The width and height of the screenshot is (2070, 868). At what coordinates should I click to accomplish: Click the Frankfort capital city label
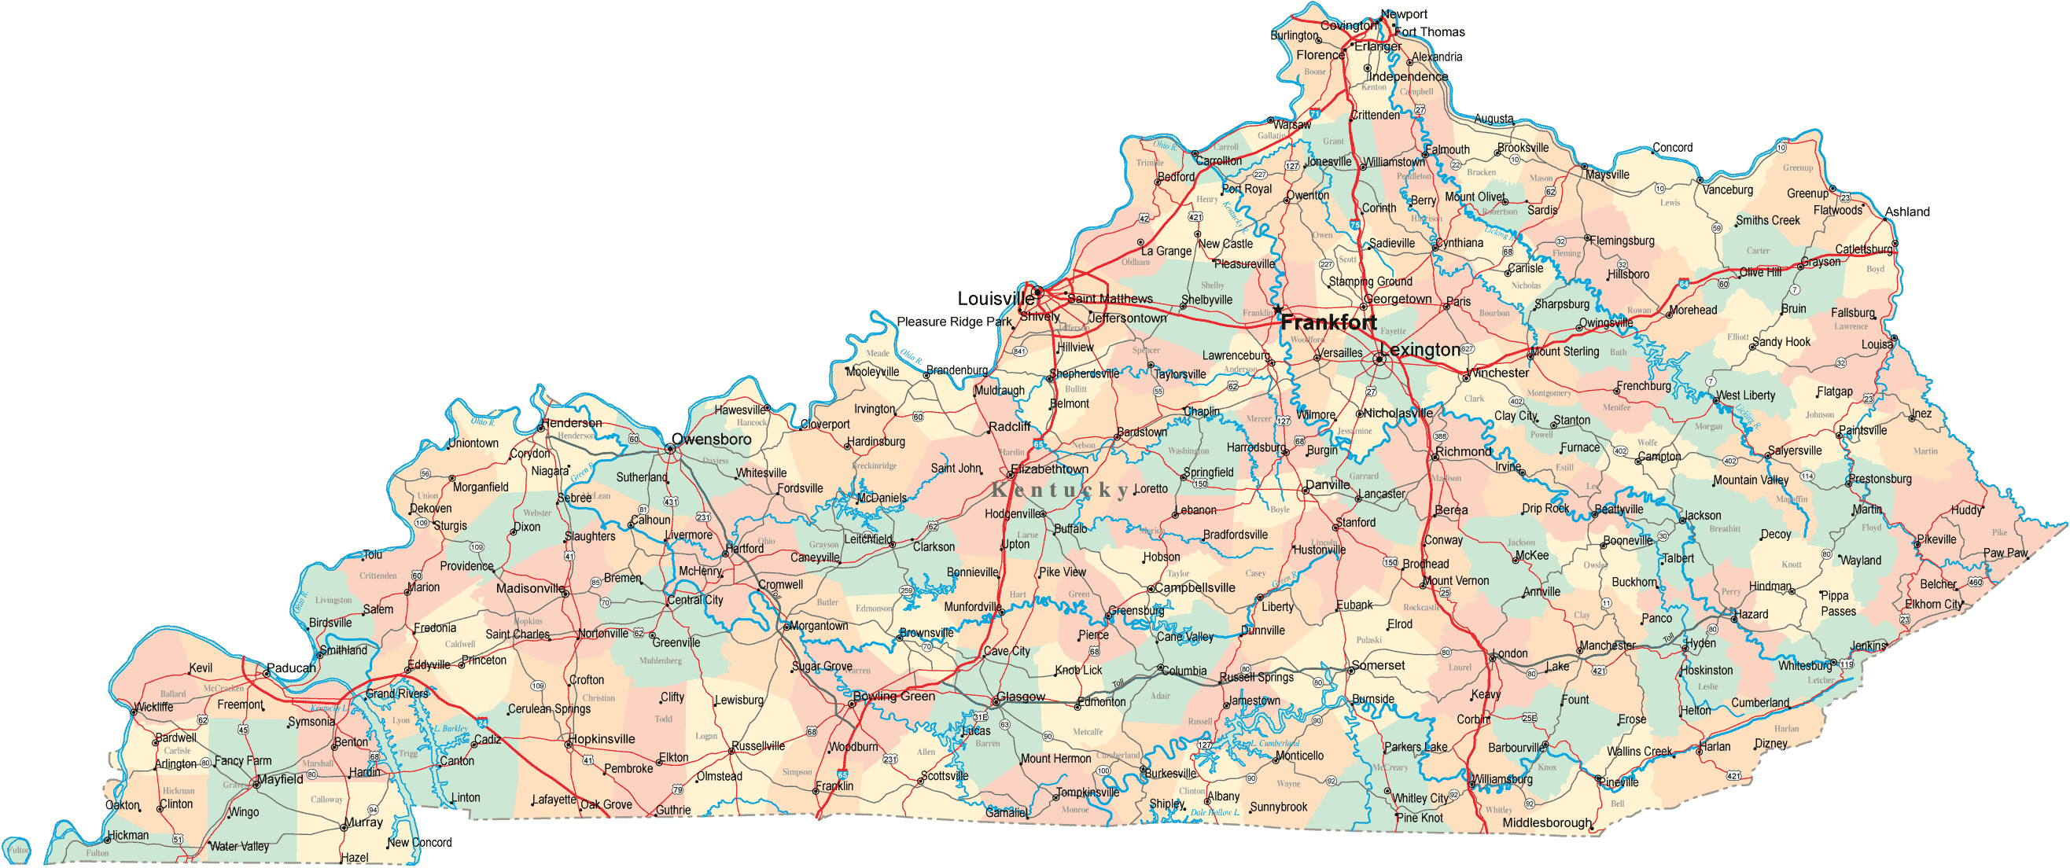pyautogui.click(x=1328, y=323)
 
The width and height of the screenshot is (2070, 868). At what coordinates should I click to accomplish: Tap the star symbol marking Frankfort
pyautogui.click(x=1278, y=309)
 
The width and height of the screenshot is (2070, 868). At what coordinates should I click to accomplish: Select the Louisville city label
pyautogui.click(x=996, y=299)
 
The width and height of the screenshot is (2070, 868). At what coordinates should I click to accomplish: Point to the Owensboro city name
pyautogui.click(x=711, y=440)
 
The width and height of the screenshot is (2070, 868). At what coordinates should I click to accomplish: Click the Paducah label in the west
pyautogui.click(x=291, y=668)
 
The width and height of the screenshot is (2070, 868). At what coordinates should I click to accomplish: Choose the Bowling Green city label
pyautogui.click(x=893, y=696)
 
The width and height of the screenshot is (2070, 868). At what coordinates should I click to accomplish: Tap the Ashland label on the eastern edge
pyautogui.click(x=1907, y=212)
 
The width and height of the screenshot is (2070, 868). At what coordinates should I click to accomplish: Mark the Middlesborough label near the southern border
pyautogui.click(x=1546, y=823)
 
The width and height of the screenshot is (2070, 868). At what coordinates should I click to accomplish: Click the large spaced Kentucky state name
pyautogui.click(x=1061, y=490)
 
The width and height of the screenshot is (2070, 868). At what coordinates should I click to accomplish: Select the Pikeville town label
pyautogui.click(x=1936, y=539)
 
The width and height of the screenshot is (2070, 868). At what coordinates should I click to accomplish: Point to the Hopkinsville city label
pyautogui.click(x=602, y=740)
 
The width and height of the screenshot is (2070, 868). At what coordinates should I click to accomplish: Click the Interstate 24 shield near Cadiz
pyautogui.click(x=482, y=723)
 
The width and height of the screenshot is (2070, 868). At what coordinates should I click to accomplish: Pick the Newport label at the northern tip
pyautogui.click(x=1404, y=13)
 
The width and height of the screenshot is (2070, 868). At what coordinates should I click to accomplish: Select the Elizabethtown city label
pyautogui.click(x=1049, y=469)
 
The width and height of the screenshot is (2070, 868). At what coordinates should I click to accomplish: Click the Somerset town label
pyautogui.click(x=1378, y=666)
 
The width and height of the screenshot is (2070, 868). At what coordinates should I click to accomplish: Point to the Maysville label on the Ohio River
pyautogui.click(x=1607, y=175)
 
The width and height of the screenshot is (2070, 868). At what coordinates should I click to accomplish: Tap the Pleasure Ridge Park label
pyautogui.click(x=954, y=322)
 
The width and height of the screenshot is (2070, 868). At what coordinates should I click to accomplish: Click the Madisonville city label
pyautogui.click(x=530, y=589)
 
